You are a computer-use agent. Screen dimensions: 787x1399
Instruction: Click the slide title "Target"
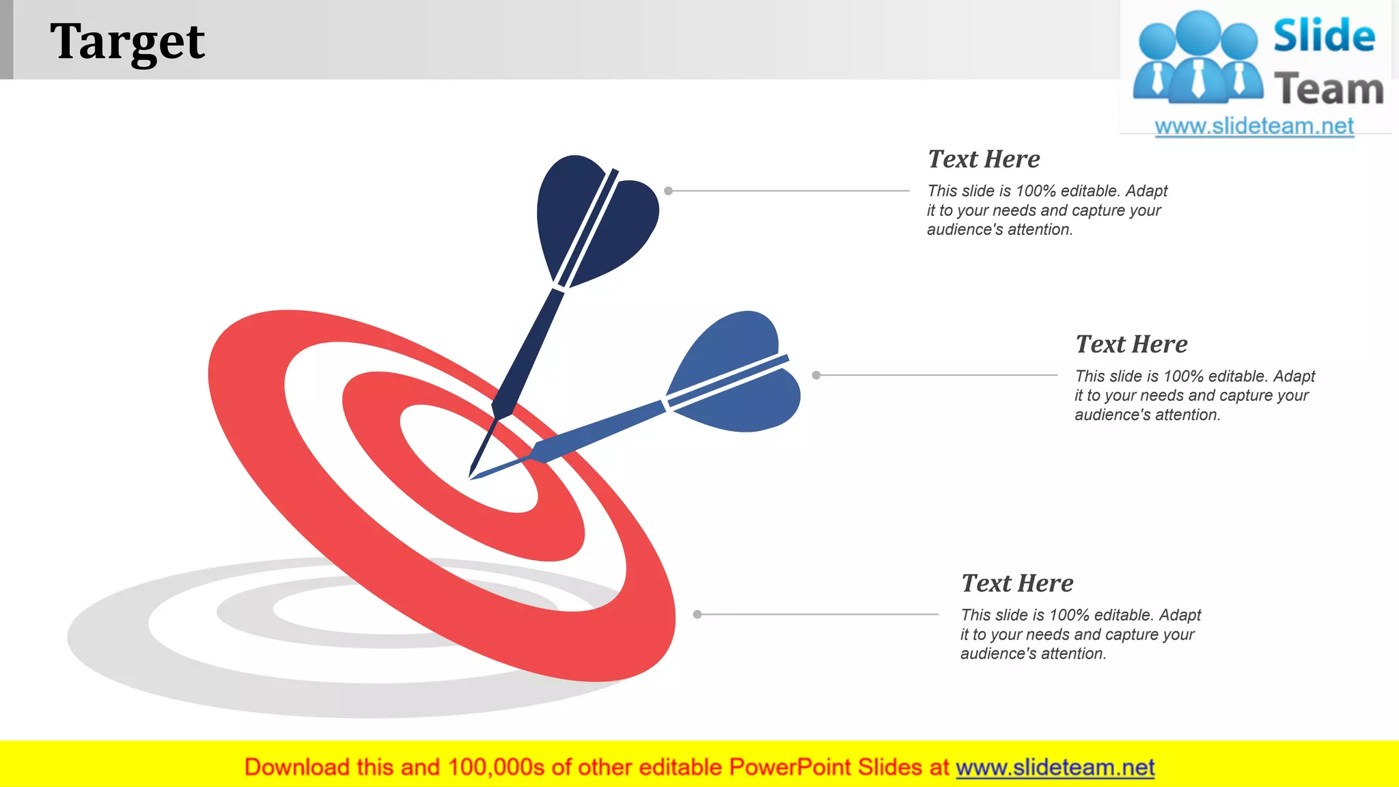[x=127, y=41]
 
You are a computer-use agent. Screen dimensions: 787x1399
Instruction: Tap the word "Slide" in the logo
[x=1324, y=36]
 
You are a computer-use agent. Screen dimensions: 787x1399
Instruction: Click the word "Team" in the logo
[x=1329, y=89]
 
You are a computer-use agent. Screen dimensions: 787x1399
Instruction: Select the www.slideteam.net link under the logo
[x=1254, y=126]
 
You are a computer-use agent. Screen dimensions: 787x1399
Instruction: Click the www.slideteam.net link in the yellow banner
[x=1055, y=767]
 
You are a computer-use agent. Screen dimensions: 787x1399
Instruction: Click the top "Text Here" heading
[x=984, y=159]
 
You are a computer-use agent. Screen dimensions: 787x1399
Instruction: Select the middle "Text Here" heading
[x=1131, y=344]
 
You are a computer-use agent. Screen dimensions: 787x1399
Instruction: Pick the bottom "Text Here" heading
[x=1017, y=583]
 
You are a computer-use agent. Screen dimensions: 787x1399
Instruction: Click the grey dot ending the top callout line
[x=669, y=191]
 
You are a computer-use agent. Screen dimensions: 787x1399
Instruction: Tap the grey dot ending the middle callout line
[x=816, y=375]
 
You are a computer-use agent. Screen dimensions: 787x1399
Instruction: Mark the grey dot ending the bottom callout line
[x=697, y=614]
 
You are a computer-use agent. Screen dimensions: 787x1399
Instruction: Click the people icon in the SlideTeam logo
[x=1198, y=58]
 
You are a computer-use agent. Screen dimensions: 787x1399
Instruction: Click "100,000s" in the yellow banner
[x=496, y=767]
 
